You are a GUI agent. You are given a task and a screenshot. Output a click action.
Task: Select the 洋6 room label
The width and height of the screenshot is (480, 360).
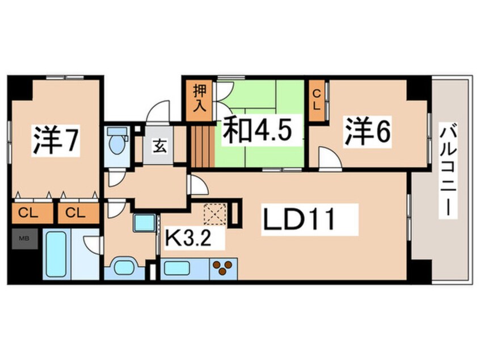click(367, 133)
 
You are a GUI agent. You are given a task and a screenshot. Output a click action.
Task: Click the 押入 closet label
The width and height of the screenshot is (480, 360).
click(199, 101)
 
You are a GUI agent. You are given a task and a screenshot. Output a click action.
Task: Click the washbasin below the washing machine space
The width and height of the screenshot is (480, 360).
click(128, 266)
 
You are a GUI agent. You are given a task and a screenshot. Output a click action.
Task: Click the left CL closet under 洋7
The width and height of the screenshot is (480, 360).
click(24, 213)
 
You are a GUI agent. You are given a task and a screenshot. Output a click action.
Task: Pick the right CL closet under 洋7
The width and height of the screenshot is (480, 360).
click(73, 213)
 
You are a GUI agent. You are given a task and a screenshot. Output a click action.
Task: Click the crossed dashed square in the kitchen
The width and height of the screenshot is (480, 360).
click(215, 214)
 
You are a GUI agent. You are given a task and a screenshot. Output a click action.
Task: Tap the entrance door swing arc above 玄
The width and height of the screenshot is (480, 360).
click(159, 111)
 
